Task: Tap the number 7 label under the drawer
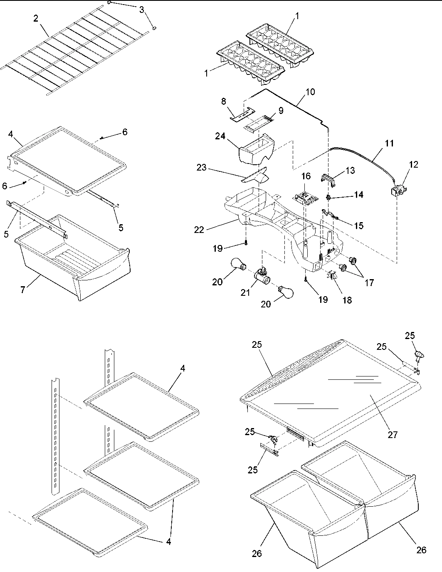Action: (x=23, y=289)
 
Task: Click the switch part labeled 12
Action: (x=396, y=191)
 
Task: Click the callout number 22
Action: (x=199, y=229)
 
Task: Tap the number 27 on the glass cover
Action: (x=392, y=435)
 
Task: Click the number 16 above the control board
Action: (x=306, y=176)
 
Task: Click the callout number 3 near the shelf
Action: (x=141, y=10)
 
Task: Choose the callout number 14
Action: (x=358, y=195)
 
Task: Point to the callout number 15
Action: (x=358, y=225)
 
